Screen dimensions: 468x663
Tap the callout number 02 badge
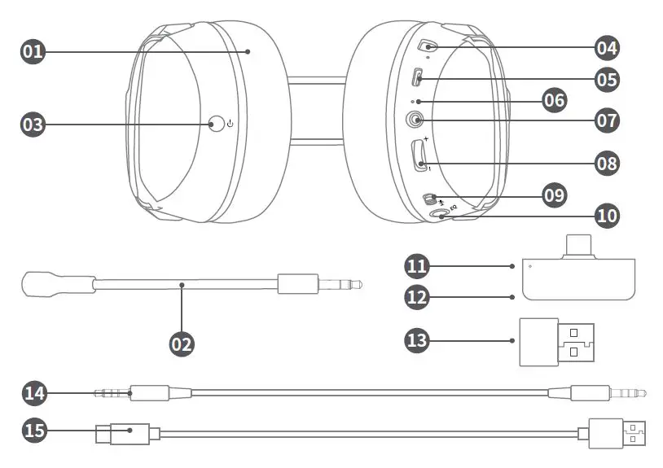click(182, 343)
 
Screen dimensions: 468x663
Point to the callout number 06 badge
click(554, 100)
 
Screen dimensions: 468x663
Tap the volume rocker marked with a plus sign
click(421, 155)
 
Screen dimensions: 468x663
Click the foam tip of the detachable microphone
click(37, 284)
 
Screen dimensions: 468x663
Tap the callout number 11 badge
click(418, 265)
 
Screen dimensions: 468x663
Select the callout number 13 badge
click(418, 339)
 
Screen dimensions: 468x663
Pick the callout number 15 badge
click(33, 431)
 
